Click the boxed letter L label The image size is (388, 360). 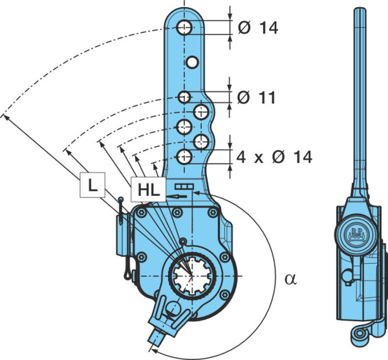tap(92, 185)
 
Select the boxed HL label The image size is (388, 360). tap(148, 189)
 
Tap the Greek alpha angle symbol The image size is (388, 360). tap(290, 279)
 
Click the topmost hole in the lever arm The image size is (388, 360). tap(184, 27)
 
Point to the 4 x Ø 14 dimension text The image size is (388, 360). tap(274, 157)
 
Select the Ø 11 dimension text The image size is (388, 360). tap(256, 97)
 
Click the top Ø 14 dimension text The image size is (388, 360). tap(258, 27)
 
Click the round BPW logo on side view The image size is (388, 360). tap(356, 234)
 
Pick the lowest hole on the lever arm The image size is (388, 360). tap(184, 156)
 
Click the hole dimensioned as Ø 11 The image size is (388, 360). tap(184, 97)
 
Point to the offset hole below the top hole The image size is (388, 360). tap(192, 62)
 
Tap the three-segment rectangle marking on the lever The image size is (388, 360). tap(184, 187)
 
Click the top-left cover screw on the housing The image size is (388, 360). tap(141, 213)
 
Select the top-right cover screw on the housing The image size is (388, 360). tap(213, 212)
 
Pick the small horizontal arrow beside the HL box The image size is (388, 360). tap(177, 196)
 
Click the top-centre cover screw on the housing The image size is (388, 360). tap(177, 212)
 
